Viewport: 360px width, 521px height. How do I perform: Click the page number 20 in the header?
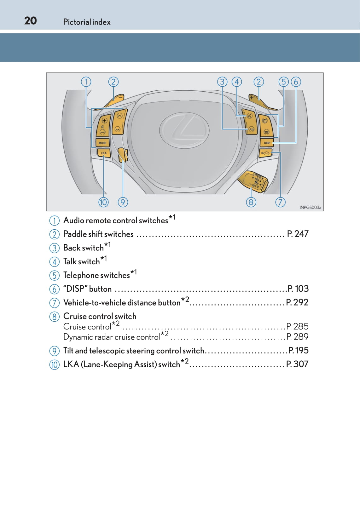click(x=31, y=21)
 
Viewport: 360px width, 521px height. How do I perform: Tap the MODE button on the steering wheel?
click(x=102, y=143)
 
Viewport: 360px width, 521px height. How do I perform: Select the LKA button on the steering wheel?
click(x=103, y=153)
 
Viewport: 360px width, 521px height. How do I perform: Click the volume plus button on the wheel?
click(x=104, y=120)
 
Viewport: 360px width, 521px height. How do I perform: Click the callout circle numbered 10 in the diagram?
click(x=103, y=202)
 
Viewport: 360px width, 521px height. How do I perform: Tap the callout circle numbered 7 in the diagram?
click(x=280, y=202)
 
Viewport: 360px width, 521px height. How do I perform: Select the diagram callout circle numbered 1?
click(x=86, y=82)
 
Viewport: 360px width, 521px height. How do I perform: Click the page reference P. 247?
click(x=298, y=234)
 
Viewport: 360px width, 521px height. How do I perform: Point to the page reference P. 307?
click(x=297, y=364)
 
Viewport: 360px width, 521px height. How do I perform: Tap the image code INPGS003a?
click(x=310, y=207)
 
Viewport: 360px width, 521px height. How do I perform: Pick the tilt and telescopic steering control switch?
click(x=123, y=155)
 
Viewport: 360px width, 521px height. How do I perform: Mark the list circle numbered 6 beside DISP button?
click(x=55, y=289)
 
